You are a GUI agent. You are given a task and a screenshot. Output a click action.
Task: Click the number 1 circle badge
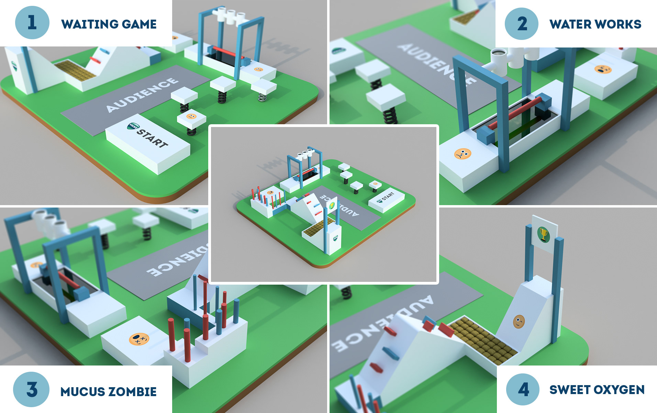pos(32,23)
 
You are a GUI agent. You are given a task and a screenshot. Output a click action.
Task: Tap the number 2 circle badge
pos(522,24)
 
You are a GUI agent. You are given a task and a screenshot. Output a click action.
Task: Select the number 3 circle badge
pos(31,389)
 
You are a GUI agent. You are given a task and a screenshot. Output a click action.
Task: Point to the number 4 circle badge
pos(523,390)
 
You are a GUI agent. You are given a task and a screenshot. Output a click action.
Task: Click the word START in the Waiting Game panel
pos(152,138)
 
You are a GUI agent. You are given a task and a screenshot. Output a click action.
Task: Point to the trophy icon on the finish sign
pos(543,235)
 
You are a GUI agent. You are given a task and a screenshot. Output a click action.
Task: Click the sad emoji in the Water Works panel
pos(463,153)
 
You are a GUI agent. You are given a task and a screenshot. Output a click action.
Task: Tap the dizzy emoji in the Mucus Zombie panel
pos(139,339)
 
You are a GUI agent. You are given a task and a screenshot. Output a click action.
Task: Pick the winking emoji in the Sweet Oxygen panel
pos(519,321)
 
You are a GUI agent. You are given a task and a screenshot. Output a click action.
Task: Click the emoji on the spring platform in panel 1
pos(191,116)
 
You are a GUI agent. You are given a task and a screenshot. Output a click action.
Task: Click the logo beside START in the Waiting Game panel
pos(133,127)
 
